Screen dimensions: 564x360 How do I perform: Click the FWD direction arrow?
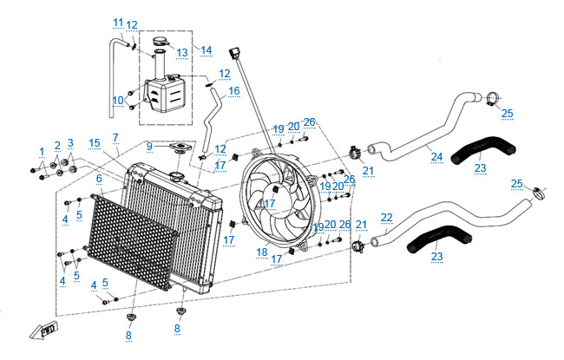pos(44,331)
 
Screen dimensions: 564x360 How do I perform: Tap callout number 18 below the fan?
pos(262,252)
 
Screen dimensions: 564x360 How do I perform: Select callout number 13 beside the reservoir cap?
pos(182,53)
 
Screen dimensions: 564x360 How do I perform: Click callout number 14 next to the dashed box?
pos(207,50)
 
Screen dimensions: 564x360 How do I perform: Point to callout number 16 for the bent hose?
pos(233,90)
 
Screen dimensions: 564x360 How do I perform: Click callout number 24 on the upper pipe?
pos(436,157)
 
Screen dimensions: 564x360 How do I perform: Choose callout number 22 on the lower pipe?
pos(387,218)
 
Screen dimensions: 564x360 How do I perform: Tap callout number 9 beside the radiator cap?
pos(149,147)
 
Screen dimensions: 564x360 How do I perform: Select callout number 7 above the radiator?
pos(115,138)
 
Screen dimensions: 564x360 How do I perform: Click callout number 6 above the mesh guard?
pos(99,179)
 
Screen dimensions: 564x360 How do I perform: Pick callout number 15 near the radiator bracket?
pos(95,143)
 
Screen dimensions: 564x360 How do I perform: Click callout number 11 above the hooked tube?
pos(118,23)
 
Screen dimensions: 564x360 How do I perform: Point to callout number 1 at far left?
pos(42,152)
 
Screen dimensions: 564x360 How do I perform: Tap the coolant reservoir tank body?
pos(167,95)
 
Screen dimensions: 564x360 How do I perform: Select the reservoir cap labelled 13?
pos(160,42)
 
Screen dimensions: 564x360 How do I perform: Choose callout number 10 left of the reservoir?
pos(118,100)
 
